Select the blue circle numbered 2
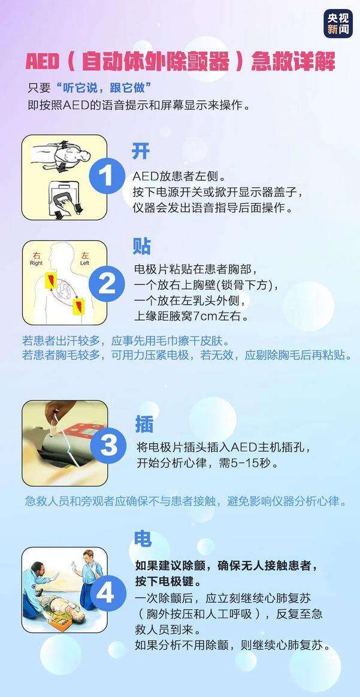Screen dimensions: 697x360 tap(107, 283)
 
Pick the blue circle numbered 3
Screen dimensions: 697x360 tap(108, 445)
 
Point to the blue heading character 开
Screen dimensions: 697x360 tap(141, 151)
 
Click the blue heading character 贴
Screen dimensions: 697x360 tap(142, 246)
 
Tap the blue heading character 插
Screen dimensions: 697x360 tap(144, 423)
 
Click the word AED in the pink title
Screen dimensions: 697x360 tap(44, 62)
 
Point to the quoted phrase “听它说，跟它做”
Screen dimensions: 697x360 tap(98, 88)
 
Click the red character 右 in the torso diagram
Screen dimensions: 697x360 tap(36, 254)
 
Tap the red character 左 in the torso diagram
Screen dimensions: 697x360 tap(84, 254)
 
